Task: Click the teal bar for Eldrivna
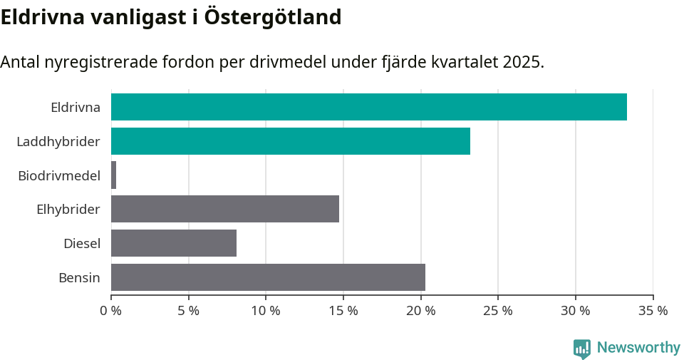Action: click(369, 107)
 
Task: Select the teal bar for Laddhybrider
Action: click(291, 141)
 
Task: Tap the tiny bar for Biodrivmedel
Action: click(114, 175)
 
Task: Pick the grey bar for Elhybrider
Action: click(225, 209)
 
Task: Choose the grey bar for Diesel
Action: click(174, 243)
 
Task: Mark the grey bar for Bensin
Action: click(268, 277)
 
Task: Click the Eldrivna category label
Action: click(75, 108)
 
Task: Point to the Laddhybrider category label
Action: click(58, 142)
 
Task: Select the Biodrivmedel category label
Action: click(59, 175)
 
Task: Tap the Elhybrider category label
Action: click(68, 210)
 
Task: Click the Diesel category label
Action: click(81, 244)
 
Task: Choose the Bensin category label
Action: click(79, 278)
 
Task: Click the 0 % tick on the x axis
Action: click(111, 311)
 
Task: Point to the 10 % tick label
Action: click(266, 311)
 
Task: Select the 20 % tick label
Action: click(420, 311)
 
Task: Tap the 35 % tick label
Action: click(653, 311)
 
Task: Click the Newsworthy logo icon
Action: click(581, 348)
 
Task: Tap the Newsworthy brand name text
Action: click(638, 348)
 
